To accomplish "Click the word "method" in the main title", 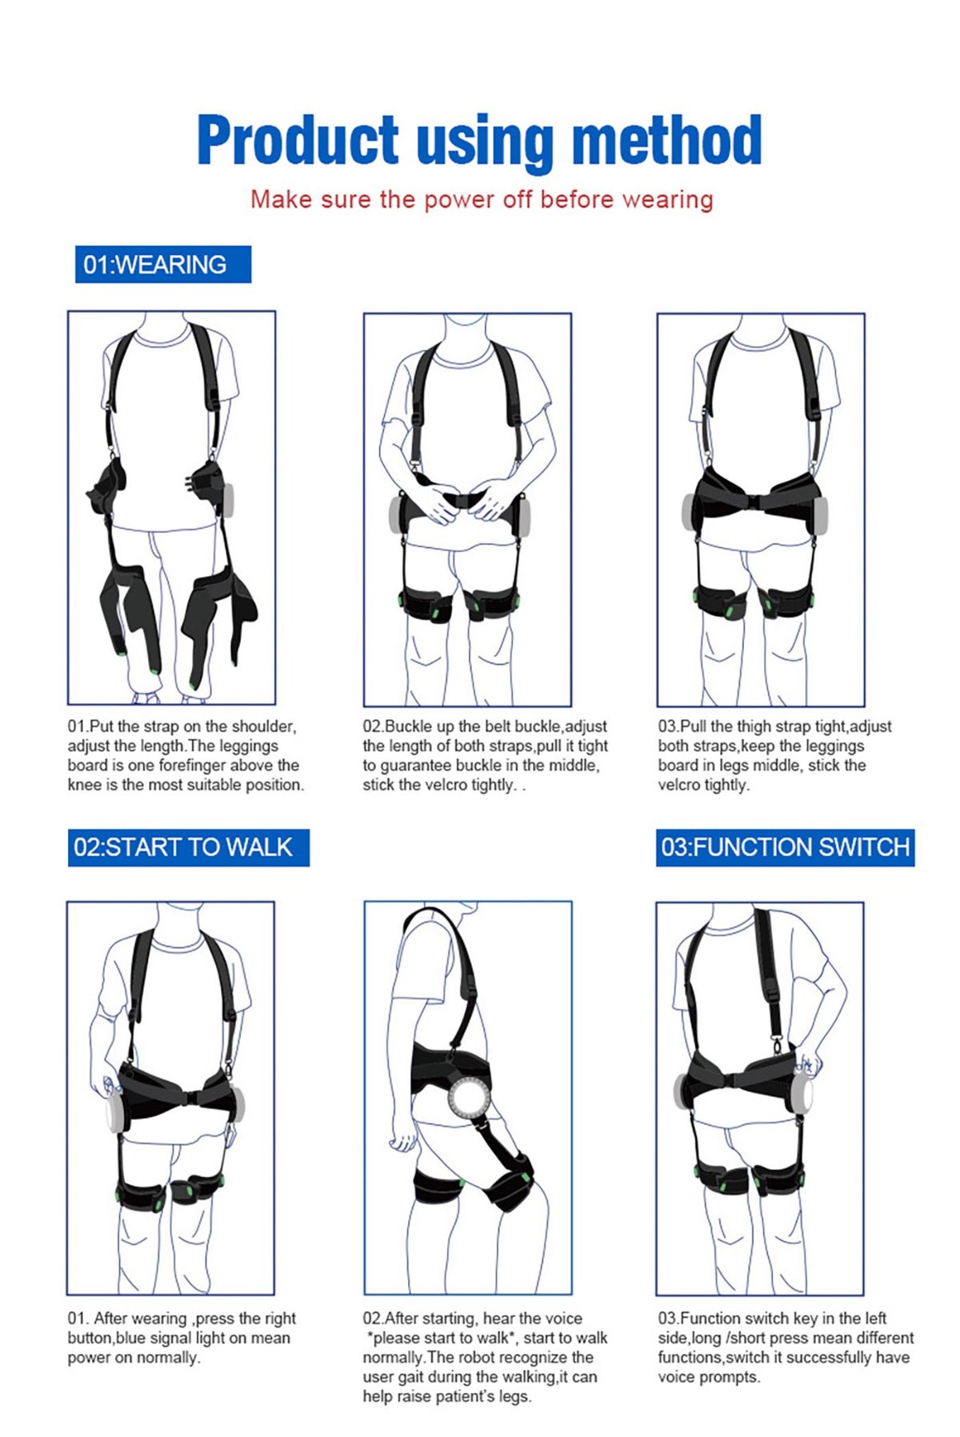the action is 666,140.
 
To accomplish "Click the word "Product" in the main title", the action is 298,140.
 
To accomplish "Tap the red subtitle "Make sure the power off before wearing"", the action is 482,199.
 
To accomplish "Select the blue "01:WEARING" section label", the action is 163,264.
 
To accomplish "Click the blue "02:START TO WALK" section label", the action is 189,847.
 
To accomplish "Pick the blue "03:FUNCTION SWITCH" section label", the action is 785,847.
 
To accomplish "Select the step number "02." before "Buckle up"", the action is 374,727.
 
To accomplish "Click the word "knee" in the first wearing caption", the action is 85,785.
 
